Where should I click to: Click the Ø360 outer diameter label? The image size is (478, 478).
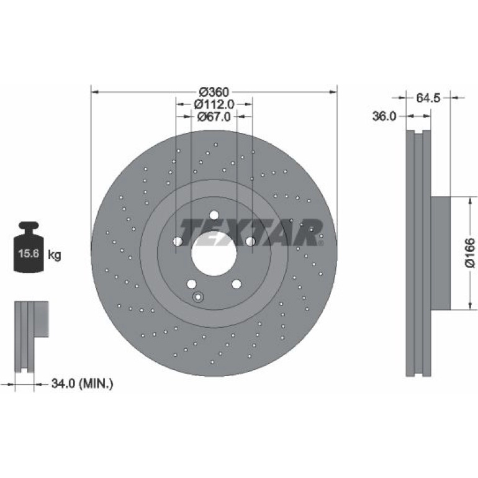tap(214, 91)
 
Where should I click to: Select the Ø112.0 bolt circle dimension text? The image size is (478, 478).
tap(214, 104)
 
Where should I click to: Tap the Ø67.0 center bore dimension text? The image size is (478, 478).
tap(214, 117)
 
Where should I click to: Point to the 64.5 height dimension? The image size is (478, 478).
tap(428, 98)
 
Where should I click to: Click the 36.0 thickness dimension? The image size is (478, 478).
tap(384, 116)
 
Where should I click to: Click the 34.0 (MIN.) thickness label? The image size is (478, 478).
tap(83, 383)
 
